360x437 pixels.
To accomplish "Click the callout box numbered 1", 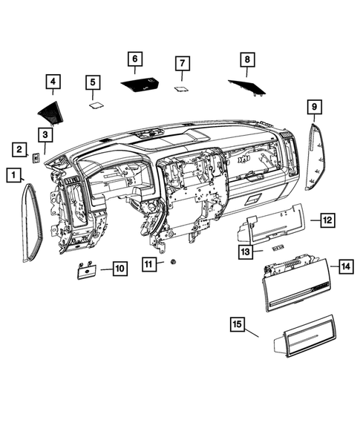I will coord(13,175).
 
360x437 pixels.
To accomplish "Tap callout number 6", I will coord(134,58).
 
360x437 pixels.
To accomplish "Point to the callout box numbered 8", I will coord(248,59).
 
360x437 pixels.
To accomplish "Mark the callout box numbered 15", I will coord(238,324).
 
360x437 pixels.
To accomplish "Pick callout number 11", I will coord(150,263).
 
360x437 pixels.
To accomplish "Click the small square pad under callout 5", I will coord(95,105).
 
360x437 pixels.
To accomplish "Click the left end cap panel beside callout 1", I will coord(30,223).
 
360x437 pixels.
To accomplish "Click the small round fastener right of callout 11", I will coord(172,262).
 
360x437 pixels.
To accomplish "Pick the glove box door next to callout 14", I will coord(297,283).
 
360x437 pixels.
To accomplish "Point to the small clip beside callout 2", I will coord(36,157).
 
